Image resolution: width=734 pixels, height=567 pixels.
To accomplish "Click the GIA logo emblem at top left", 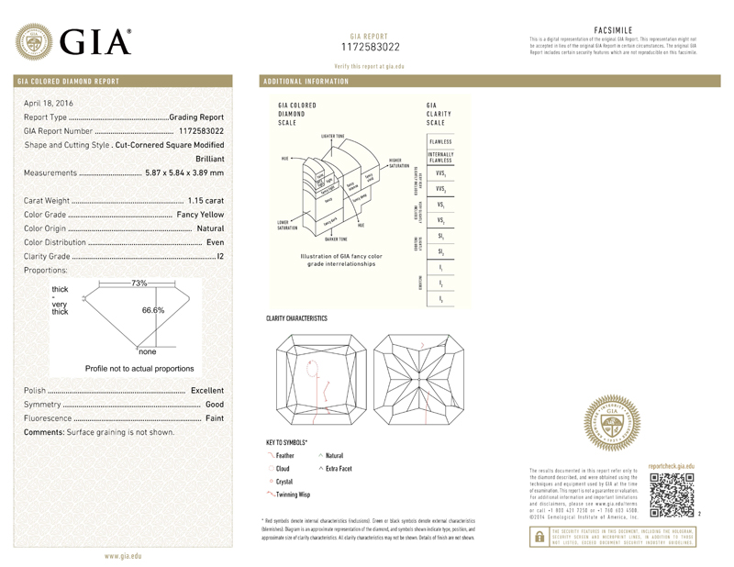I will coord(35,39).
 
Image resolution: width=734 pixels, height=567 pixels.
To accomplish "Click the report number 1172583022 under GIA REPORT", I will coord(370,46).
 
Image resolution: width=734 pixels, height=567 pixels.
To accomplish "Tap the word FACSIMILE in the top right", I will coord(615,30).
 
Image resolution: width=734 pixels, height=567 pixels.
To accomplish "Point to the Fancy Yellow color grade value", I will coord(200,214).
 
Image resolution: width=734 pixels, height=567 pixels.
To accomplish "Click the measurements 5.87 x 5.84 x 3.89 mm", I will coord(184,172).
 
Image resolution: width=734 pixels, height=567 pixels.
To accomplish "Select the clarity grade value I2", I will coord(219,257).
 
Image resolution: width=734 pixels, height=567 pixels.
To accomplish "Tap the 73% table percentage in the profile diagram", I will coord(139,283).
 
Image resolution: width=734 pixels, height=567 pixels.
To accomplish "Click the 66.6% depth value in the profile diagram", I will coord(152,310).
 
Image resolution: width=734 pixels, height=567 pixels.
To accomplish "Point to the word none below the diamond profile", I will coord(148,351).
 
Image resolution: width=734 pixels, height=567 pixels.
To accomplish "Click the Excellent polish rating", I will coord(207,391).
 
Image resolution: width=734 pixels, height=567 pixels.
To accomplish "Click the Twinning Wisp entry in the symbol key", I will coord(293,495).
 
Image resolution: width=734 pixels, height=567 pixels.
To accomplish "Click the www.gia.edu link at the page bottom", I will coord(123,557).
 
